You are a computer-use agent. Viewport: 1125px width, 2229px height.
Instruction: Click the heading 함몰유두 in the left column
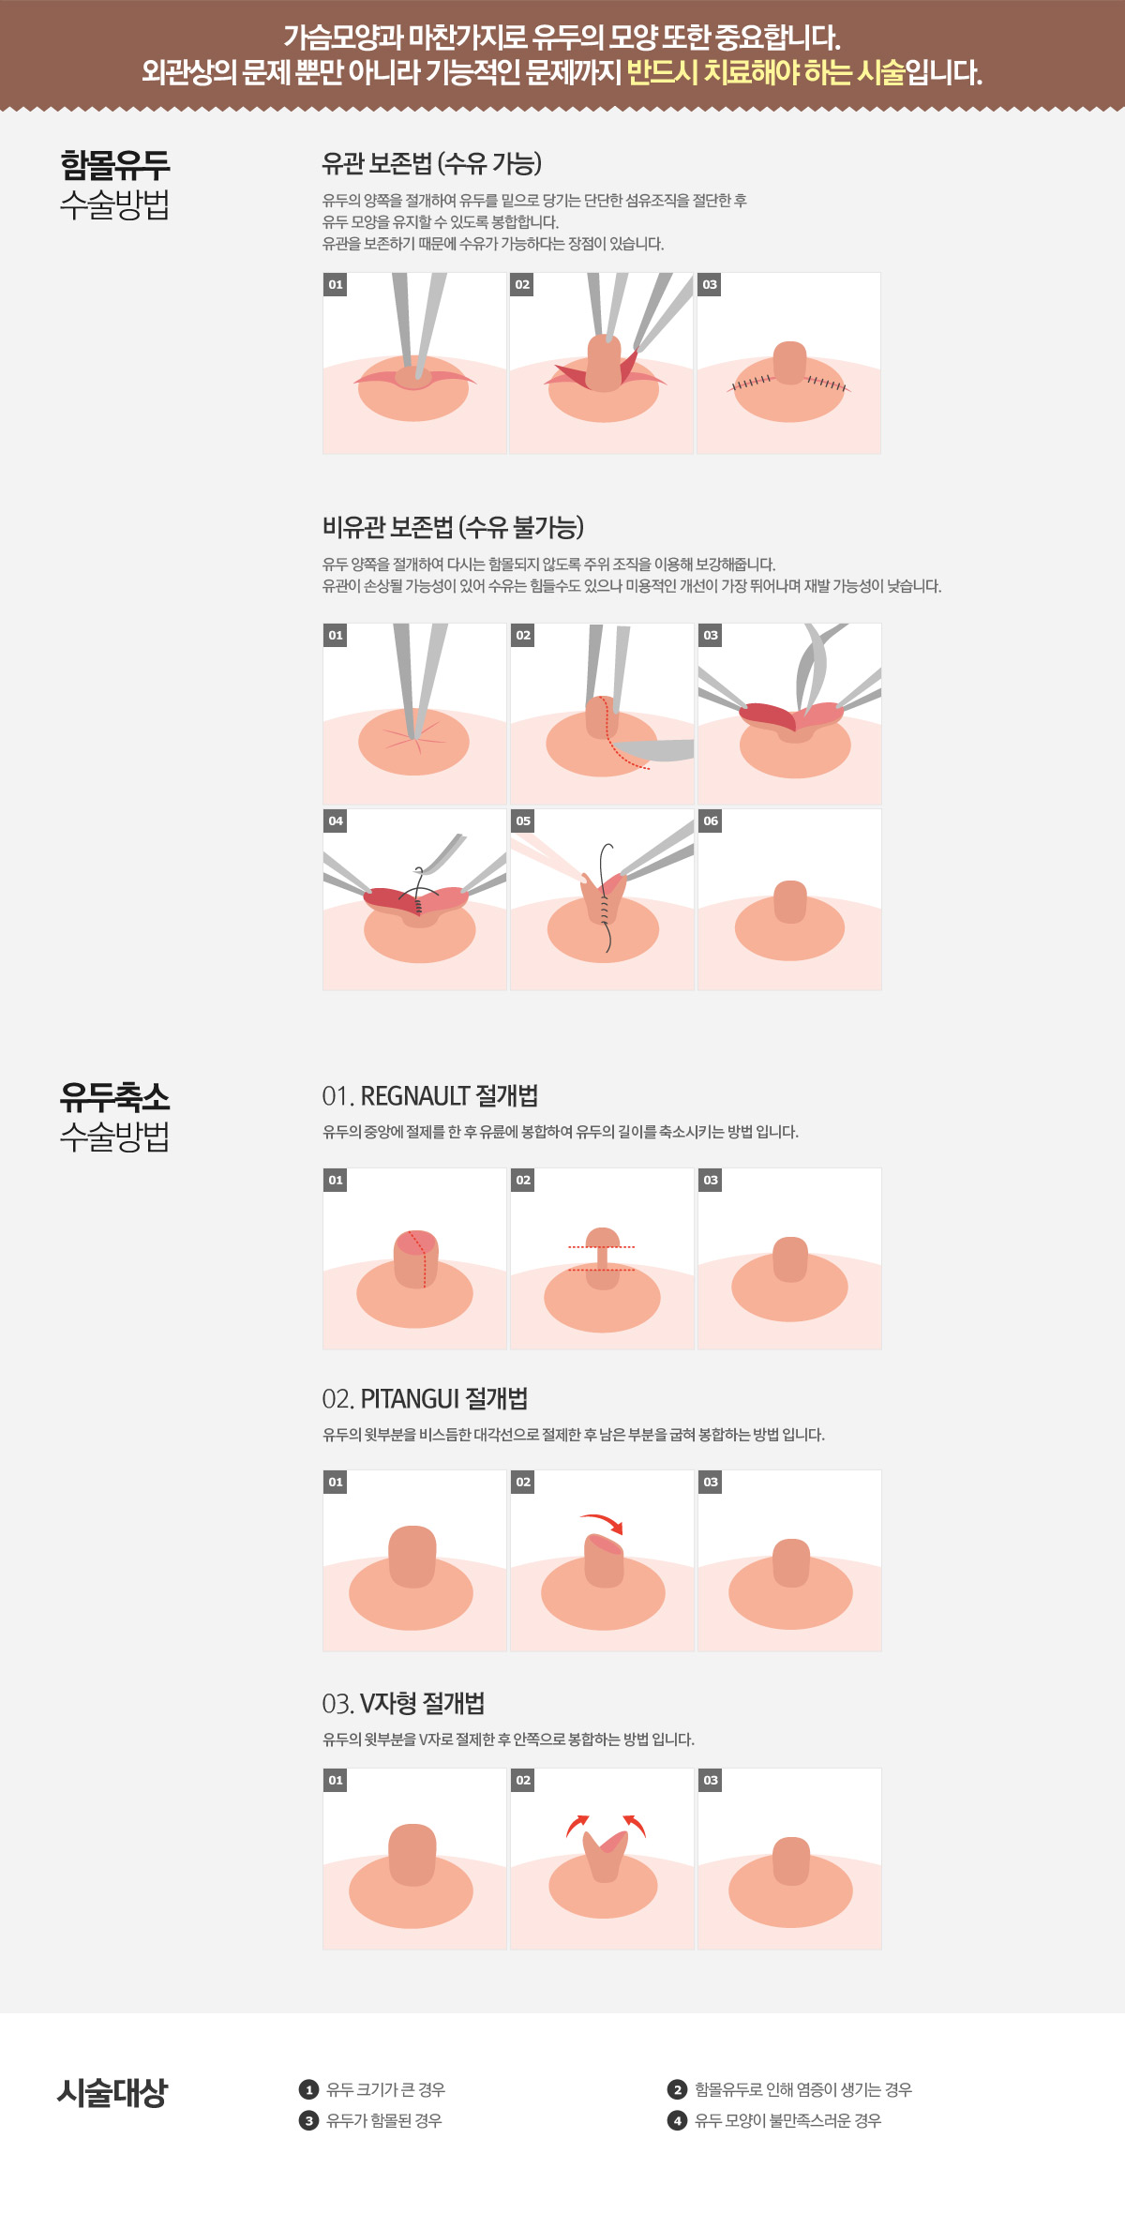[114, 165]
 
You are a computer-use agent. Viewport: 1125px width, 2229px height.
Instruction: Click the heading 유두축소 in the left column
[114, 1096]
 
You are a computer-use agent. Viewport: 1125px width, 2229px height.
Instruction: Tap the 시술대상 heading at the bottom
[112, 2092]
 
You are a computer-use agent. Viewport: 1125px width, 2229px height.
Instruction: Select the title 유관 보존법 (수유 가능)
[432, 163]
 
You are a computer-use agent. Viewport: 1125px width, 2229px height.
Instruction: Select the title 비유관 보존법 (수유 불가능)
[453, 527]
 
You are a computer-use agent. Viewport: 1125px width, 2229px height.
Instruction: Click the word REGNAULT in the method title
[415, 1095]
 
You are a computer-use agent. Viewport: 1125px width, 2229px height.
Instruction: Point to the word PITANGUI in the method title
[410, 1398]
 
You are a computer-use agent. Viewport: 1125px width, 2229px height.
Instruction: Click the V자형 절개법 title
[422, 1702]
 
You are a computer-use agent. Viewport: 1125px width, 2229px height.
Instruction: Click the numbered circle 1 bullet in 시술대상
[308, 2089]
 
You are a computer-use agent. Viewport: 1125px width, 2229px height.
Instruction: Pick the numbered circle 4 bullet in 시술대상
[677, 2120]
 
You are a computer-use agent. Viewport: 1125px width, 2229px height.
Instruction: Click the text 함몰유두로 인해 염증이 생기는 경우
[803, 2089]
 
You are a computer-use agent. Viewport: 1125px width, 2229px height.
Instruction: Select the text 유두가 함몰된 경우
[384, 2120]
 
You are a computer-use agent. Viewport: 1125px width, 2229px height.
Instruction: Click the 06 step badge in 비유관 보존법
[711, 821]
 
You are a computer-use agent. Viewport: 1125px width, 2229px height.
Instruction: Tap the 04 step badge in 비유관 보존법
[336, 821]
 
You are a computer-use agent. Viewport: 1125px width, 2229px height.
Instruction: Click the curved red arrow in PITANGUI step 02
[602, 1522]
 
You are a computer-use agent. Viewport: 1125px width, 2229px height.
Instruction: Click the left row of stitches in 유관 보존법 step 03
[752, 383]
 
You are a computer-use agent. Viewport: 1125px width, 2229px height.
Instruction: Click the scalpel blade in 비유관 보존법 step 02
[654, 750]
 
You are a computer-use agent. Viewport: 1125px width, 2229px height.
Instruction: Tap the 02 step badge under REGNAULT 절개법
[523, 1180]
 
